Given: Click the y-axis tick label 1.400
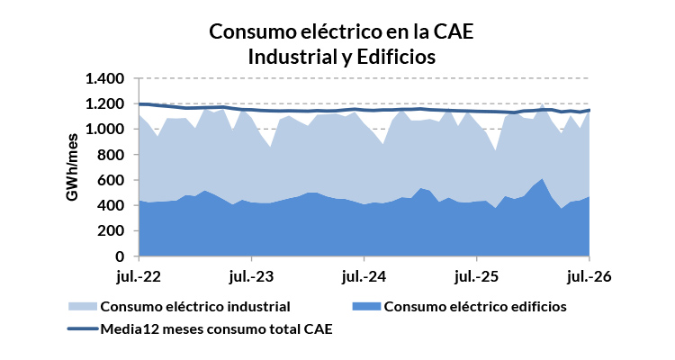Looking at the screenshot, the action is pyautogui.click(x=104, y=79).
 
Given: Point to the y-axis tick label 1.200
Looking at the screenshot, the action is pyautogui.click(x=104, y=104).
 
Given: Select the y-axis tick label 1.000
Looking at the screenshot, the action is pyautogui.click(x=104, y=130).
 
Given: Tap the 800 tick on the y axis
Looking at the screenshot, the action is pyautogui.click(x=111, y=155).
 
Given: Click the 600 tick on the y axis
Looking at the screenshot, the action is pyautogui.click(x=111, y=180).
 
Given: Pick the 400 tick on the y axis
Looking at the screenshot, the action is pyautogui.click(x=111, y=205).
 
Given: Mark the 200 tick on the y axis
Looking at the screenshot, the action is pyautogui.click(x=111, y=230).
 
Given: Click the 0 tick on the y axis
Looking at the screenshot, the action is pyautogui.click(x=120, y=256).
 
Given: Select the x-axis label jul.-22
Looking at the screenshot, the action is pyautogui.click(x=139, y=276).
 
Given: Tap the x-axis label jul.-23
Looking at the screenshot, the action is pyautogui.click(x=251, y=276).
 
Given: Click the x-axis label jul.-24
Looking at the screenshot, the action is pyautogui.click(x=364, y=276).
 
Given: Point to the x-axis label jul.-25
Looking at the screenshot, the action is pyautogui.click(x=476, y=276).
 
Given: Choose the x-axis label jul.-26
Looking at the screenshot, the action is pyautogui.click(x=589, y=276).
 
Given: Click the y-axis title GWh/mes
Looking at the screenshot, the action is pyautogui.click(x=72, y=167).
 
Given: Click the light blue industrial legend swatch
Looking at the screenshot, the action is pyautogui.click(x=83, y=307).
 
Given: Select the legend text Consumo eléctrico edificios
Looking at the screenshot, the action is pyautogui.click(x=475, y=307).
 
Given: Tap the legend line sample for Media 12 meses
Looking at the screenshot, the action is pyautogui.click(x=84, y=329).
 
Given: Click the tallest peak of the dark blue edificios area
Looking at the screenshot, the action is pyautogui.click(x=542, y=179).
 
